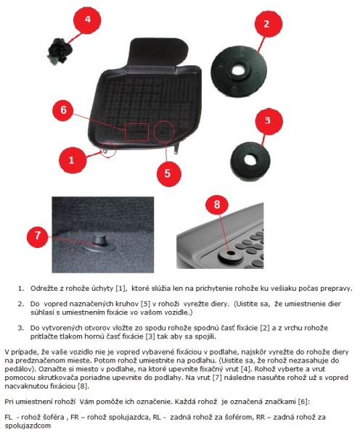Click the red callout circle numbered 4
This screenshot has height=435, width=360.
(88, 20)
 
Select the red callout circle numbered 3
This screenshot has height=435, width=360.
(268, 121)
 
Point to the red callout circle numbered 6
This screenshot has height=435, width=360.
(64, 110)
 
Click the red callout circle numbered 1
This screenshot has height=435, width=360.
(71, 160)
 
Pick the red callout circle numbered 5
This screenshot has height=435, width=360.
(168, 174)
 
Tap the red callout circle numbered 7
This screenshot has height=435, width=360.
(38, 236)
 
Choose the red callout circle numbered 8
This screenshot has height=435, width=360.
(217, 204)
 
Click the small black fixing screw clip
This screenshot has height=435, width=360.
(59, 52)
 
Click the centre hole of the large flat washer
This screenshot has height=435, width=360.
(238, 70)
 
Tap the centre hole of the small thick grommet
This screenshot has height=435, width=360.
(251, 158)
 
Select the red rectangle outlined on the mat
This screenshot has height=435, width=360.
(136, 133)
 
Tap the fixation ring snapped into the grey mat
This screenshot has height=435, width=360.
(230, 257)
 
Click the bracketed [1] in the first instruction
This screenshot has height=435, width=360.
(120, 289)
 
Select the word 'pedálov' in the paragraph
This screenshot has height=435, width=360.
(17, 369)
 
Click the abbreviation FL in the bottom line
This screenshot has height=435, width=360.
(8, 417)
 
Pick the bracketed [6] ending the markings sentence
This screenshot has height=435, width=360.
(303, 401)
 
